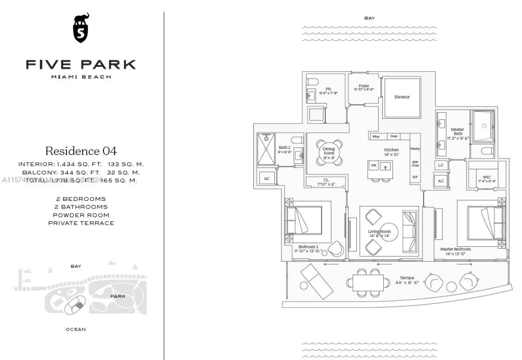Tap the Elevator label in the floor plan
coord(402,97)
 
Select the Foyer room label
coord(364,87)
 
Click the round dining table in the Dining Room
coord(328,151)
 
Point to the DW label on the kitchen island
coord(374,166)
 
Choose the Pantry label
coord(415,149)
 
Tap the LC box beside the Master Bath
coord(441,165)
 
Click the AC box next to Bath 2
coord(267,178)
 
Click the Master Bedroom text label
coord(455,249)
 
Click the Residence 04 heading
coord(81,151)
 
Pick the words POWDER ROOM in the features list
coord(81,215)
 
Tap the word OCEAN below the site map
coord(75,329)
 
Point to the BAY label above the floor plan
coord(370,18)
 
